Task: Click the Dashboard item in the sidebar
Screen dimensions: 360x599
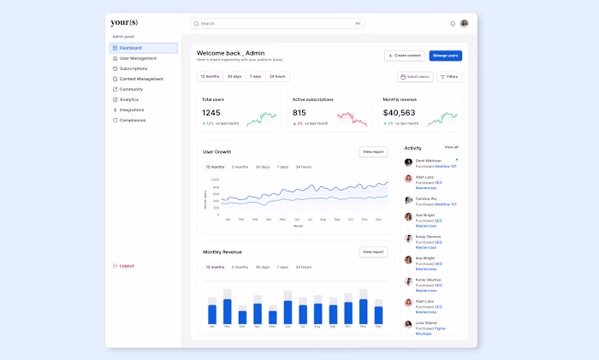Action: tap(131, 48)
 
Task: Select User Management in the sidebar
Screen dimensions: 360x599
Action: tap(138, 58)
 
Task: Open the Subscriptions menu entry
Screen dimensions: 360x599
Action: tap(133, 68)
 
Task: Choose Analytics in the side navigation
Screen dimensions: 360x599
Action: tap(129, 99)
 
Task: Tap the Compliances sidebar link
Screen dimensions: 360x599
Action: tap(133, 120)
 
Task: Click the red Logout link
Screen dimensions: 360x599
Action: tap(127, 266)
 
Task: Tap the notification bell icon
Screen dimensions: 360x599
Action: tap(453, 24)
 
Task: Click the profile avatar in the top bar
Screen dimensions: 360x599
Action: tap(464, 24)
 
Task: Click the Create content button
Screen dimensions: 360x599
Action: tap(405, 56)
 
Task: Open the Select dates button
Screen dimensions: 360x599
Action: tap(415, 77)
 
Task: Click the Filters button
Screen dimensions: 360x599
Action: tap(449, 77)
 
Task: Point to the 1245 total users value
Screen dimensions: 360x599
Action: tap(211, 112)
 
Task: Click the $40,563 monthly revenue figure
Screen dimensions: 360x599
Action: tap(399, 112)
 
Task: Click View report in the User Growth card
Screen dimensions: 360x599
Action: tap(373, 151)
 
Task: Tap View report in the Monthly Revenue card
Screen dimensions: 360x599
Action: tap(373, 252)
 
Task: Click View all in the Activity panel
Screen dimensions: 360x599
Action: tap(451, 147)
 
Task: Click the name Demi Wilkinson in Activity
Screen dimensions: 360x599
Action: tap(429, 160)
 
